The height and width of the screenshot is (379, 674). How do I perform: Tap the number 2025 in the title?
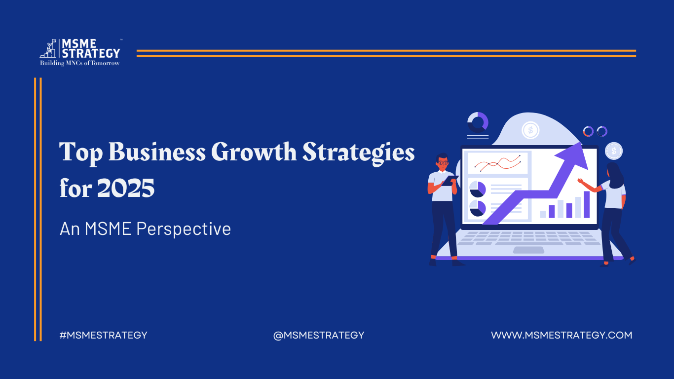tap(126, 188)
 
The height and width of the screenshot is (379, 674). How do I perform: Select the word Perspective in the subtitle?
tap(184, 229)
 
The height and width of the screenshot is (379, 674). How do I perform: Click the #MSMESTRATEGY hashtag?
tap(103, 335)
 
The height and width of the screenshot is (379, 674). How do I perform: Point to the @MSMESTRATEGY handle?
tap(319, 335)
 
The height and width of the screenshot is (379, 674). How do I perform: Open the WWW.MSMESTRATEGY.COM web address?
tap(562, 335)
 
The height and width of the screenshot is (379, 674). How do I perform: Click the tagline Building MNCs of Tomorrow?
tap(80, 63)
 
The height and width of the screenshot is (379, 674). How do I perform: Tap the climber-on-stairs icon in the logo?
tap(48, 48)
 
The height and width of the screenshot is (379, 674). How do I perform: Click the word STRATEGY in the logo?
tap(91, 53)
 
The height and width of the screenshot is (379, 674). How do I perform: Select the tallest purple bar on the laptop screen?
tap(587, 204)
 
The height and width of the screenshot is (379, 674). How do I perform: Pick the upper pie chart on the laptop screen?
tap(478, 189)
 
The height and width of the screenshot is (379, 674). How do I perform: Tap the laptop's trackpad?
tap(528, 250)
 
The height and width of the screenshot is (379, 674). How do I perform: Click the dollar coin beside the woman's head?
tap(614, 151)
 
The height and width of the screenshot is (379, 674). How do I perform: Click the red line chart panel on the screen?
tap(497, 163)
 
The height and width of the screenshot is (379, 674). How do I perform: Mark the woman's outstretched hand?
tap(580, 181)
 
